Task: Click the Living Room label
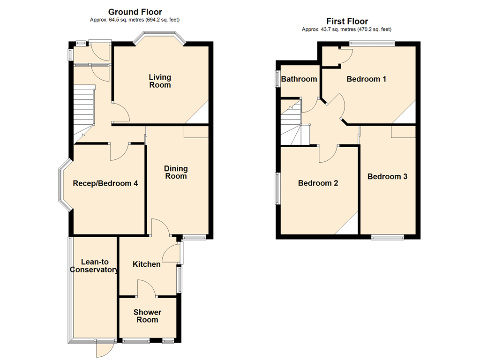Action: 160,81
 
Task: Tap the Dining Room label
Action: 176,172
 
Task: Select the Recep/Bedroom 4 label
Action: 105,183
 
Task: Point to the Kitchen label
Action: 146,264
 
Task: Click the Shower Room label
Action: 147,316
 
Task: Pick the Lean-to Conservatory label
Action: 94,266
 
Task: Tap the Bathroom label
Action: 299,79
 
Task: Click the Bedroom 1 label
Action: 366,79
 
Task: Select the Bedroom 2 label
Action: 318,183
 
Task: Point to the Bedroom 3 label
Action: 387,176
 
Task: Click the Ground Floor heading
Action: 135,12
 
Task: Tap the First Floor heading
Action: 347,22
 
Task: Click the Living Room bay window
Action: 160,37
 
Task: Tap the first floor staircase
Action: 295,122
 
